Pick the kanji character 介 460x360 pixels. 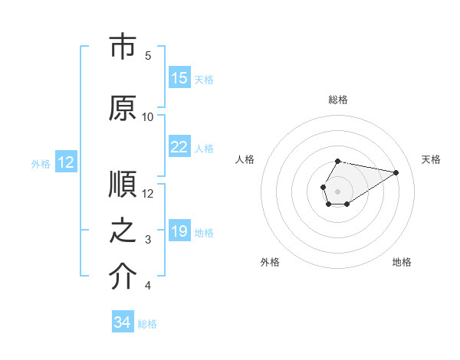[122, 277]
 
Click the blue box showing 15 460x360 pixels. [179, 78]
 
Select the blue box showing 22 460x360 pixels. [179, 148]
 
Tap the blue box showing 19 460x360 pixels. [179, 232]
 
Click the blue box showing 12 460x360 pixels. [66, 162]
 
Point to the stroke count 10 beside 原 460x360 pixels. [148, 116]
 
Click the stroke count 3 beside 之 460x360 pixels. [149, 240]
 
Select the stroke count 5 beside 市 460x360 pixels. [149, 55]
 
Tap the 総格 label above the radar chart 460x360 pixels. [337, 100]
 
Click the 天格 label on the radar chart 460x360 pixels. [432, 159]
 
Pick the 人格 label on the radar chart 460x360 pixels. [245, 159]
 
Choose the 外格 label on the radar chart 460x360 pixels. [270, 262]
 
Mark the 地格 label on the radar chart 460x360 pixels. [402, 262]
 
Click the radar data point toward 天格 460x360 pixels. [396, 171]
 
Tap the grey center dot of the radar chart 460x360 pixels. [337, 190]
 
